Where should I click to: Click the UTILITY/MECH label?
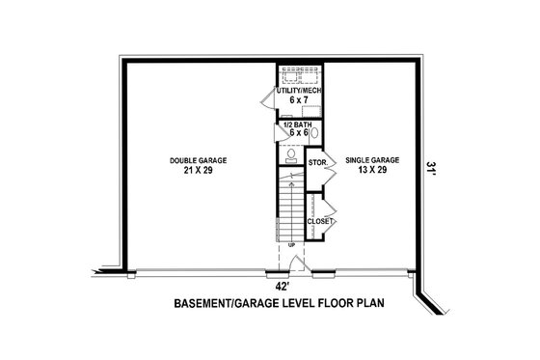pos(298,90)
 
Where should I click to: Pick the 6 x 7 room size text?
pos(298,100)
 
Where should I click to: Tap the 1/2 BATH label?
pos(296,125)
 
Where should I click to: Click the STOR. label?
pos(318,164)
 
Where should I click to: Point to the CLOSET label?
pos(319,222)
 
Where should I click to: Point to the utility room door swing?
pos(269,97)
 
